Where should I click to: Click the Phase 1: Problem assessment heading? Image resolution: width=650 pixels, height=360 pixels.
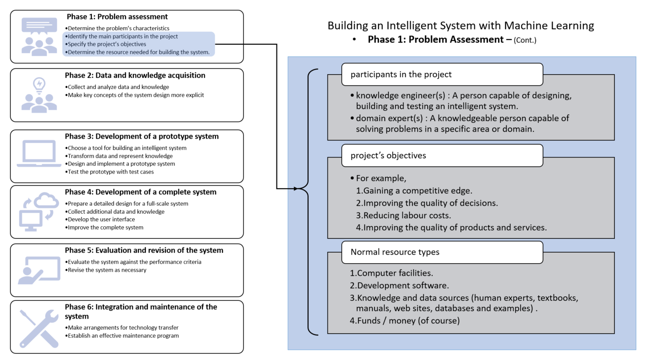point(117,17)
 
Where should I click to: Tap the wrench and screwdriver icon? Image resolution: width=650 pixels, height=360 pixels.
point(39,328)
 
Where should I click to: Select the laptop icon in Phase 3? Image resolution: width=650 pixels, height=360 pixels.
point(39,153)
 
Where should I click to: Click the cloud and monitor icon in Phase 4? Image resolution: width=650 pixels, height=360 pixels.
point(39,212)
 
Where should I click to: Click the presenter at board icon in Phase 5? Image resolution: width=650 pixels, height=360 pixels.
point(39,270)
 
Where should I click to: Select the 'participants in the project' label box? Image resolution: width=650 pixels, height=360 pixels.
point(442,75)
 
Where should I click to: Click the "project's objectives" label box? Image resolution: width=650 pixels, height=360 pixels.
point(442,155)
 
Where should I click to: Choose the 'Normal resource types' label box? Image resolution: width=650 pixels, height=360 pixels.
point(442,252)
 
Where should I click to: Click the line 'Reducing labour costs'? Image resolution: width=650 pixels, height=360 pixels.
point(403,215)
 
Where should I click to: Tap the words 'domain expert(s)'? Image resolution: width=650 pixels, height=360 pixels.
point(389,118)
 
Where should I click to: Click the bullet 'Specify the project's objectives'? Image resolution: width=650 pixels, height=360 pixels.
point(107,44)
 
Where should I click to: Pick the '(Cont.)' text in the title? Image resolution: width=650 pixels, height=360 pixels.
point(525,40)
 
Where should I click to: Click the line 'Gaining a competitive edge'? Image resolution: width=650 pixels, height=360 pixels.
point(414,191)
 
